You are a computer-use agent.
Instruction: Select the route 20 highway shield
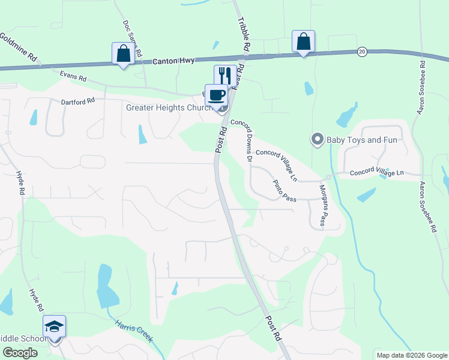pyautogui.click(x=362, y=52)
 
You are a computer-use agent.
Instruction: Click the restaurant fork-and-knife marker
pyautogui.click(x=225, y=75)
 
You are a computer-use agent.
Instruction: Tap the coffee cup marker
pyautogui.click(x=216, y=94)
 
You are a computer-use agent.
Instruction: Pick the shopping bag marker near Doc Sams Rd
pyautogui.click(x=123, y=53)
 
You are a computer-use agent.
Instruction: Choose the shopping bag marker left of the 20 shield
pyautogui.click(x=303, y=41)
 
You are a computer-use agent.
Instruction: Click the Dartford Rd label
pyautogui.click(x=78, y=101)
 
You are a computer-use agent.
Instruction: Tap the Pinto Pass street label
pyautogui.click(x=285, y=191)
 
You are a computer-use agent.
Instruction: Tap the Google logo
pyautogui.click(x=20, y=353)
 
